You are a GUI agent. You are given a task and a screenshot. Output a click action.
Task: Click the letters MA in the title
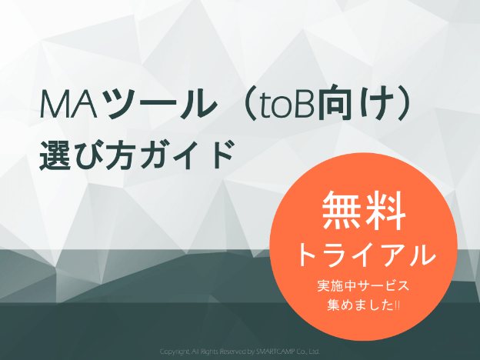pyautogui.click(x=68, y=104)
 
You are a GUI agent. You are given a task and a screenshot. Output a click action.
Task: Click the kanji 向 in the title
pyautogui.click(x=334, y=104)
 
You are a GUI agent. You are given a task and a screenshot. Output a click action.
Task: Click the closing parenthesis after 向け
pyautogui.click(x=404, y=104)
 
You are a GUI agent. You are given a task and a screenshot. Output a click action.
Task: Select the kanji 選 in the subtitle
pyautogui.click(x=55, y=155)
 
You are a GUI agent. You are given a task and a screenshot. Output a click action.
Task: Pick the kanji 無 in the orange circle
pyautogui.click(x=341, y=210)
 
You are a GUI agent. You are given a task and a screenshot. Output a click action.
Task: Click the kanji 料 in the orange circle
pyautogui.click(x=385, y=210)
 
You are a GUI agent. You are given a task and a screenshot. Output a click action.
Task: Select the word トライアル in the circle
pyautogui.click(x=366, y=254)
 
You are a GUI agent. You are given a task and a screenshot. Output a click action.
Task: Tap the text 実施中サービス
pyautogui.click(x=363, y=285)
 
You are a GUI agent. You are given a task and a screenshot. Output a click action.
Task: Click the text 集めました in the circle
pyautogui.click(x=360, y=305)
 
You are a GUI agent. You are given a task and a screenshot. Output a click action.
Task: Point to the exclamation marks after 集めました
pyautogui.click(x=397, y=305)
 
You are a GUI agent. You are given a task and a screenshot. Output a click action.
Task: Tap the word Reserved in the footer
pyautogui.click(x=232, y=352)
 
